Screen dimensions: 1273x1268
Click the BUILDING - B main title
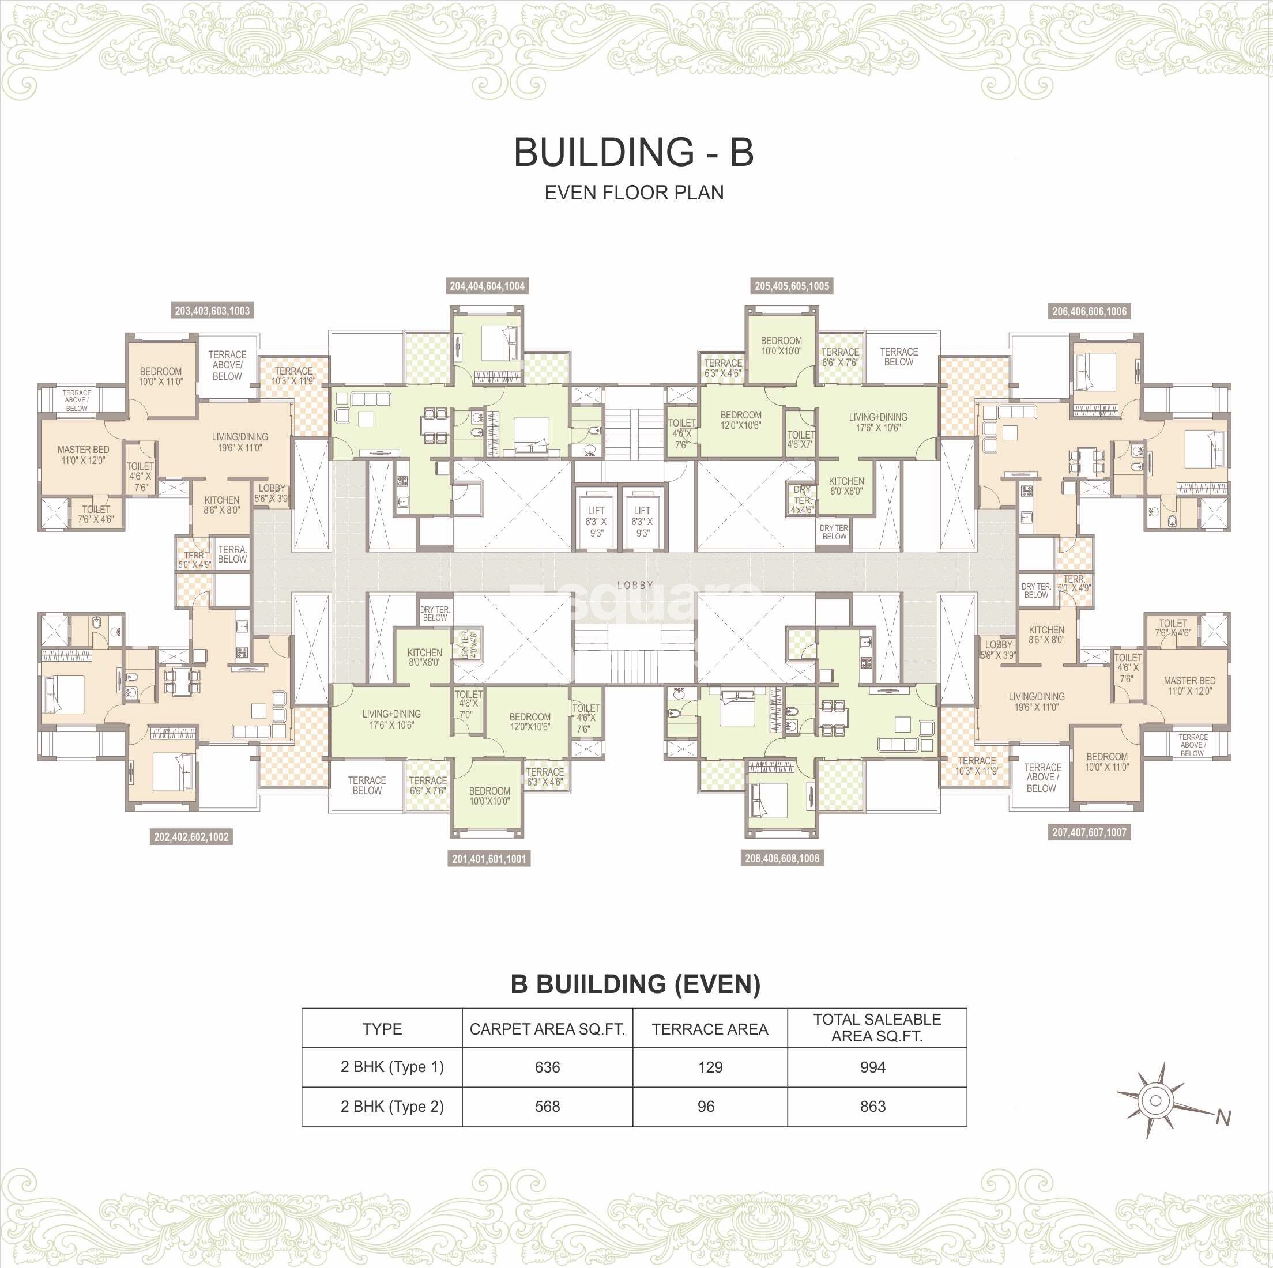click(x=633, y=152)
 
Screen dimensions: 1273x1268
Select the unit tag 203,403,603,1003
click(x=212, y=311)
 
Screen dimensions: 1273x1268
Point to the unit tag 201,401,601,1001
click(x=489, y=859)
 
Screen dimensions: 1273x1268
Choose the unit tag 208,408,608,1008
click(x=782, y=858)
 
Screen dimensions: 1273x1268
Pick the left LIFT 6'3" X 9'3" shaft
click(x=596, y=521)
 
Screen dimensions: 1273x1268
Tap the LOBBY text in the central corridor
click(x=635, y=585)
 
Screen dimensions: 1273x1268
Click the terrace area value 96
click(x=706, y=1107)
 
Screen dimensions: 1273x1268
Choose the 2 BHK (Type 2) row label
click(x=392, y=1107)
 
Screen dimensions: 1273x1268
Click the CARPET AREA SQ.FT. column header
click(x=547, y=1029)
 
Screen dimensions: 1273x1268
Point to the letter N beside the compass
click(x=1223, y=1118)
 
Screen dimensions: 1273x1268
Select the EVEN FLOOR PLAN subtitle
click(x=634, y=193)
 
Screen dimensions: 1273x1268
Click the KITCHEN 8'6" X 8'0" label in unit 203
click(x=222, y=505)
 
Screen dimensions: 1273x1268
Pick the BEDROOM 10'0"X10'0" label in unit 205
click(x=781, y=346)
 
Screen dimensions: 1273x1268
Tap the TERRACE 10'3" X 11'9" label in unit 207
click(x=977, y=765)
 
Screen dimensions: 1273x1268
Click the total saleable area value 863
click(x=872, y=1107)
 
